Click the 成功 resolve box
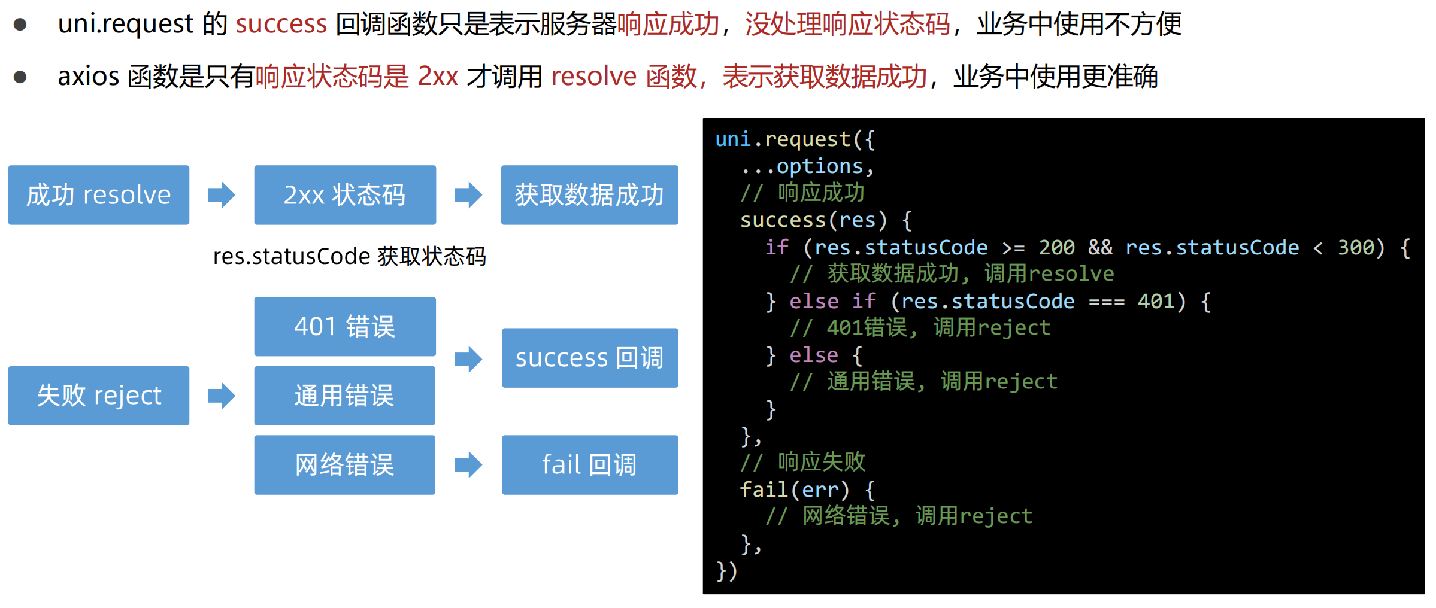(99, 195)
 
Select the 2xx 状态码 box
(345, 195)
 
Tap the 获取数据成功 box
(589, 195)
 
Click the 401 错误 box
(345, 327)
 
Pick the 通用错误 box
(345, 396)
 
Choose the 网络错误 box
(345, 465)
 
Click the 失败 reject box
(99, 396)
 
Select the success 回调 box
(590, 358)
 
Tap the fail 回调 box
(590, 465)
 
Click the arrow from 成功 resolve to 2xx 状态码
(222, 195)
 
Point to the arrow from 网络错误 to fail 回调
(468, 465)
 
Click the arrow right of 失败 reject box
(222, 396)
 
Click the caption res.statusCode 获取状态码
(349, 256)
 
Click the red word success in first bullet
(281, 24)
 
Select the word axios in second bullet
(89, 77)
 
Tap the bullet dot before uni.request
(20, 25)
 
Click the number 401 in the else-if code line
(1156, 301)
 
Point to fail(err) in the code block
(794, 490)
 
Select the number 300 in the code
(1356, 247)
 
